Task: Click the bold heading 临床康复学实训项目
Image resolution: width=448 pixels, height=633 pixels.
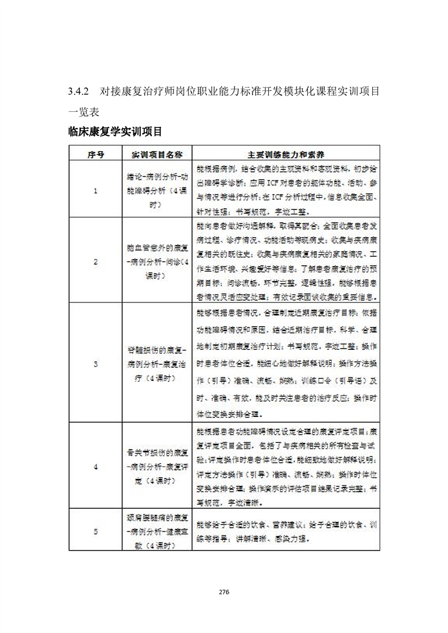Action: point(115,132)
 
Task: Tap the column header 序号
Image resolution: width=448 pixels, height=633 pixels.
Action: point(95,154)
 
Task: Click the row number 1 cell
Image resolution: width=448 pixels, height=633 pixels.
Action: point(95,191)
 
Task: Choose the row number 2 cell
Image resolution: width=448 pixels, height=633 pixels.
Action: point(95,261)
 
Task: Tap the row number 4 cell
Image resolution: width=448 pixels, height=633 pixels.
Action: point(95,467)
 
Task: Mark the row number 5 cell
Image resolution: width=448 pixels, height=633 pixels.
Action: point(95,531)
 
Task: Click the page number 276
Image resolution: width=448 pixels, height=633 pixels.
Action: point(223,592)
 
